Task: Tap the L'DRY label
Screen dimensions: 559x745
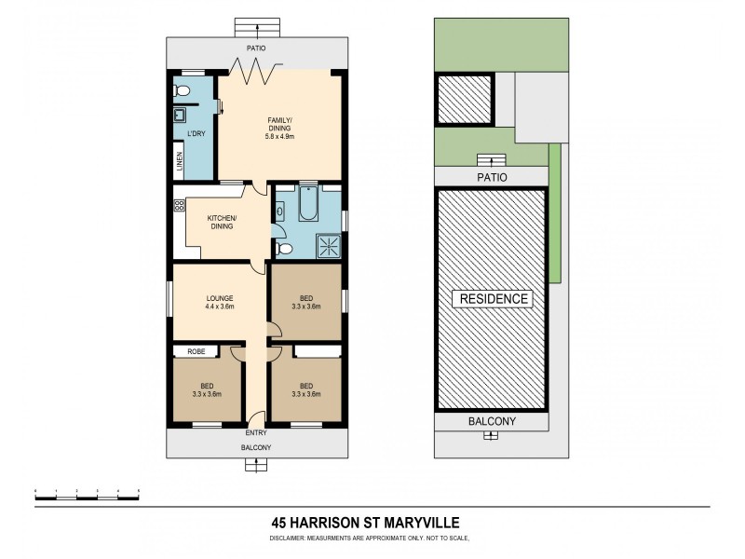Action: (x=196, y=134)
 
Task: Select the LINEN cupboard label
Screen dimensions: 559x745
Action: (x=180, y=161)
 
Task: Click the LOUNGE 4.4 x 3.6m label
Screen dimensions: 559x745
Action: (x=219, y=301)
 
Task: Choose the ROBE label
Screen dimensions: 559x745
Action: (x=196, y=352)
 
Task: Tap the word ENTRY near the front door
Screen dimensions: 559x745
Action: (x=256, y=434)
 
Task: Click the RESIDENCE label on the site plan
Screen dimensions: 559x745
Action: (x=492, y=299)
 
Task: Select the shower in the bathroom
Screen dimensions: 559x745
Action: (x=328, y=245)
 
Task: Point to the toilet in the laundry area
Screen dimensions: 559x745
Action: (x=183, y=90)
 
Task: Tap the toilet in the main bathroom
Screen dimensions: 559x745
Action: (x=286, y=249)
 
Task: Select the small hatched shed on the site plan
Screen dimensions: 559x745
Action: (x=464, y=97)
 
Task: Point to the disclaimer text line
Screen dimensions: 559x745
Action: (x=372, y=539)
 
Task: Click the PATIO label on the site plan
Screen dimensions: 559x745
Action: (x=491, y=174)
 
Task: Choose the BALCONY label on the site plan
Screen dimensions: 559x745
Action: (x=491, y=421)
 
